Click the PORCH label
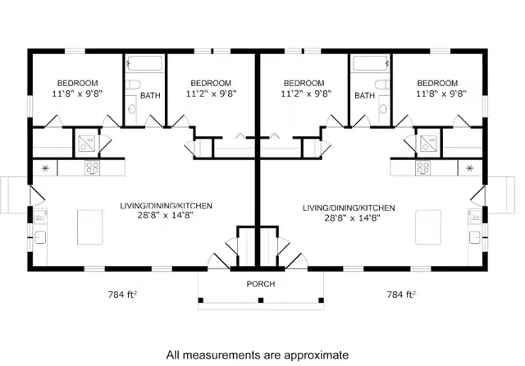coord(261,284)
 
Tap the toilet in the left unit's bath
coord(134,84)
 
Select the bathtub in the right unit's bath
coord(371,63)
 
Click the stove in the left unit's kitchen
coord(92,168)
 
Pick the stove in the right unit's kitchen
coord(423,168)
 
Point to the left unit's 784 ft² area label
coord(122,295)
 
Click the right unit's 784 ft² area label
coord(401,295)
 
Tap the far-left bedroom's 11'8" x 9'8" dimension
coord(77,94)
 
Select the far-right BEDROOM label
coord(437,83)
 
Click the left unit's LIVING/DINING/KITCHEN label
coord(166,206)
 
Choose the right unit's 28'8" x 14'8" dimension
coord(352,218)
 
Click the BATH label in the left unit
coord(150,95)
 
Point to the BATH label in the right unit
coord(364,95)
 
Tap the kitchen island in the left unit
coord(90,227)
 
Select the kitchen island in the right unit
coord(428,227)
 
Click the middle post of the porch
coord(261,300)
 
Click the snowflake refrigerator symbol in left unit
coord(45,168)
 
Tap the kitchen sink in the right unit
coord(474,237)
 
